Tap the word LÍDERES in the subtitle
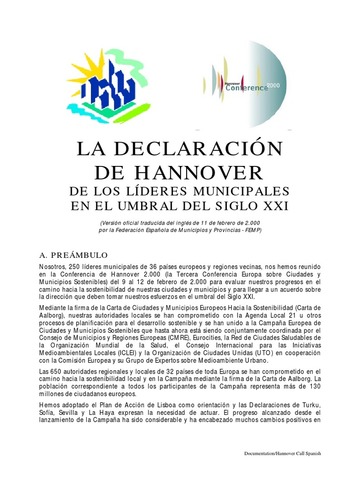tap(164, 191)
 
